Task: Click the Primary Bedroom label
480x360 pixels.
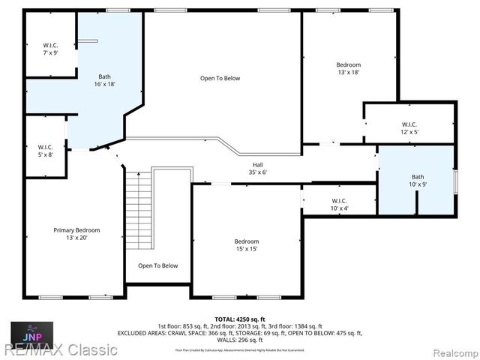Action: coord(76,230)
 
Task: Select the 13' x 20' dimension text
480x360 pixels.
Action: coord(76,238)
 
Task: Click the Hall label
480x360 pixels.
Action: coord(257,165)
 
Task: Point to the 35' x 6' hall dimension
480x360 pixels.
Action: coord(257,172)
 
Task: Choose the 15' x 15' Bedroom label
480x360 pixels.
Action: coord(246,241)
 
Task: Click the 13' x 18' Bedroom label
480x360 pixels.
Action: coord(348,65)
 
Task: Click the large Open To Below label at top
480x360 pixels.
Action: coord(220,78)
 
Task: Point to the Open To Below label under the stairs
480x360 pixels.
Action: coord(158,265)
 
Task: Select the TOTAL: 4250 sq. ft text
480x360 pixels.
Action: coord(240,319)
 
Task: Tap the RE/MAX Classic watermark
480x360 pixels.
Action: coord(59,349)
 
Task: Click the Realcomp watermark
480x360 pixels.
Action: coord(450,350)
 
